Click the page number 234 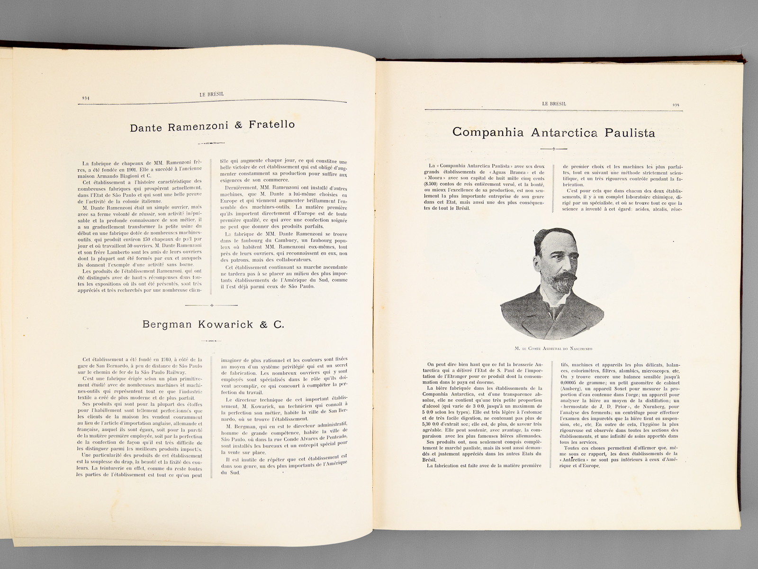point(86,97)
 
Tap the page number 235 point(676,105)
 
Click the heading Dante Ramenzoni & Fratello point(212,126)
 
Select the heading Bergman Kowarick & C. point(213,325)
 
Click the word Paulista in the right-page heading point(630,133)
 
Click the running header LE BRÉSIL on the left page point(212,94)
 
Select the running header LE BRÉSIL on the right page point(554,103)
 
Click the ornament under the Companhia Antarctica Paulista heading point(553,149)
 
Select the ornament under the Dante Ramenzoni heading point(211,143)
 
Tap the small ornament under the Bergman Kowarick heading point(211,340)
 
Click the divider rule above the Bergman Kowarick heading point(211,305)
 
